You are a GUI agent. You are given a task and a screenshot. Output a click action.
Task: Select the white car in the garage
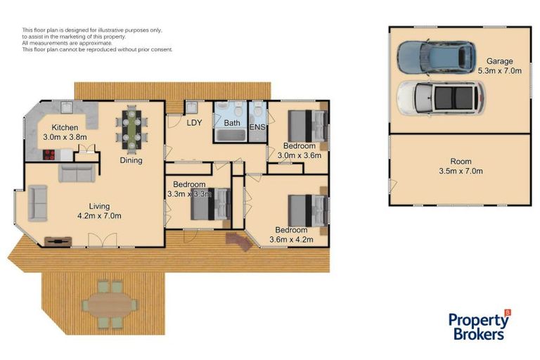pyautogui.click(x=440, y=98)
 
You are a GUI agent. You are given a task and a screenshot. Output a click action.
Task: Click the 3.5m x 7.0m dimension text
pyautogui.click(x=460, y=170)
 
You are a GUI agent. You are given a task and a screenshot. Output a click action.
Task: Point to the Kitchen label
pyautogui.click(x=65, y=127)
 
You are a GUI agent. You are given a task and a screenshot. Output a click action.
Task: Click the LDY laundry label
pyautogui.click(x=194, y=122)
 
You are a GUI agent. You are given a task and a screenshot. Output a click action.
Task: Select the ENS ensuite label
pyautogui.click(x=257, y=127)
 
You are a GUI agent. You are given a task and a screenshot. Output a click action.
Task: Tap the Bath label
pyautogui.click(x=232, y=123)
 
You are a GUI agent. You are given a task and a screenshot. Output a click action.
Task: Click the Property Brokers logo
pyautogui.click(x=479, y=326)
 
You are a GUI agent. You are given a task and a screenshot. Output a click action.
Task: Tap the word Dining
pyautogui.click(x=131, y=160)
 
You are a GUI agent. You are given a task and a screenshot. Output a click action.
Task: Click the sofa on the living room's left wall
pyautogui.click(x=37, y=203)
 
